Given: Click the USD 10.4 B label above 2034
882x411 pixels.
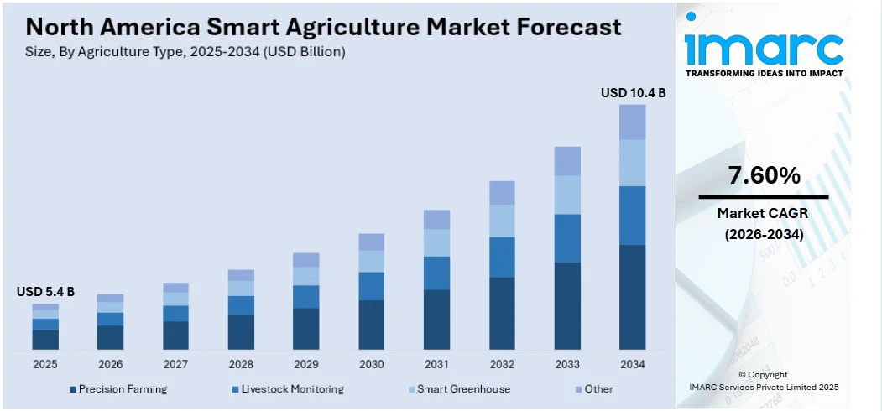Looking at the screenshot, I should point(633,93).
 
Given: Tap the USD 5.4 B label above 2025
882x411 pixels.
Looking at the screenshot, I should point(45,292).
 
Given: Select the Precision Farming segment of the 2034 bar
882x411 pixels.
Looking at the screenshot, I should point(633,297).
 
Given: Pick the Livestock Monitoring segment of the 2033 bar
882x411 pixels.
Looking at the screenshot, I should point(567,238).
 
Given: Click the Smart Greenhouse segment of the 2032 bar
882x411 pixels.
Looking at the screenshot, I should point(502,221).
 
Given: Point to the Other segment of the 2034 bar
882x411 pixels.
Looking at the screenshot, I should point(633,122).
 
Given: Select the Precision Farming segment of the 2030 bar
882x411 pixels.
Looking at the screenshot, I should point(372,325).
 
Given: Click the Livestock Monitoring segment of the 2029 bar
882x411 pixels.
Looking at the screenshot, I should point(306,297).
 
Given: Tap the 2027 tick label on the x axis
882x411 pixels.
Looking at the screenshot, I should point(175,364).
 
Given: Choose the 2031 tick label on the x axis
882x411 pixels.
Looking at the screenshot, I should point(437,364).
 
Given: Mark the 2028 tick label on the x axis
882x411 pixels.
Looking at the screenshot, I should point(241,364).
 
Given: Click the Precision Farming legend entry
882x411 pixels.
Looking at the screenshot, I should point(118,389).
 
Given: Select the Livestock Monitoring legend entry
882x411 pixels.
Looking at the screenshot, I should point(287,389).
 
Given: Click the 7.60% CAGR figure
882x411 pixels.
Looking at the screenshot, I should point(764,176).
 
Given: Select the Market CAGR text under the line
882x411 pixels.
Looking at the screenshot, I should point(764,214).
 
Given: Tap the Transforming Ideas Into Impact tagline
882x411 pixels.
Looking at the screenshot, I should point(764,74).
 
